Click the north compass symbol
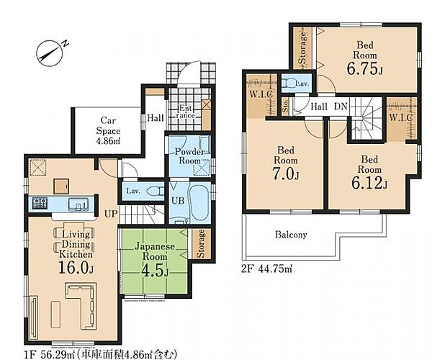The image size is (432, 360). pyautogui.click(x=50, y=54)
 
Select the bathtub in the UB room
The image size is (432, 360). pyautogui.click(x=199, y=202)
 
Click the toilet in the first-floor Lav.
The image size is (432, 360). pyautogui.click(x=155, y=191)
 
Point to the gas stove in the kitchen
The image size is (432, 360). pyautogui.click(x=40, y=204)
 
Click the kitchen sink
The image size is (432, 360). pyautogui.click(x=78, y=204)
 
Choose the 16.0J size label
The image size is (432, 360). pyautogui.click(x=76, y=268)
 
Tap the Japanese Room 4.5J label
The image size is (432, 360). pyautogui.click(x=155, y=259)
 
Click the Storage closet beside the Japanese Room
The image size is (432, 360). pyautogui.click(x=202, y=244)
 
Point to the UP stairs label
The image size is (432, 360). pyautogui.click(x=111, y=214)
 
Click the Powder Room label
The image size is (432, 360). pyautogui.click(x=190, y=156)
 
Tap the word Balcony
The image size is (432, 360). pyautogui.click(x=291, y=235)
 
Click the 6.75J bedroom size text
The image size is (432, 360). pyautogui.click(x=364, y=69)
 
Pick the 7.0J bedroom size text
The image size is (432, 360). pyautogui.click(x=286, y=174)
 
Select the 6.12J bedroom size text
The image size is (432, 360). pyautogui.click(x=369, y=183)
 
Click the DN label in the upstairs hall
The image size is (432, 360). pyautogui.click(x=341, y=107)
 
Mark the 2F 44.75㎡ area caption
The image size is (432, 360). pyautogui.click(x=266, y=269)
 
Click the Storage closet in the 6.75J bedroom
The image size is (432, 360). pyautogui.click(x=302, y=48)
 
